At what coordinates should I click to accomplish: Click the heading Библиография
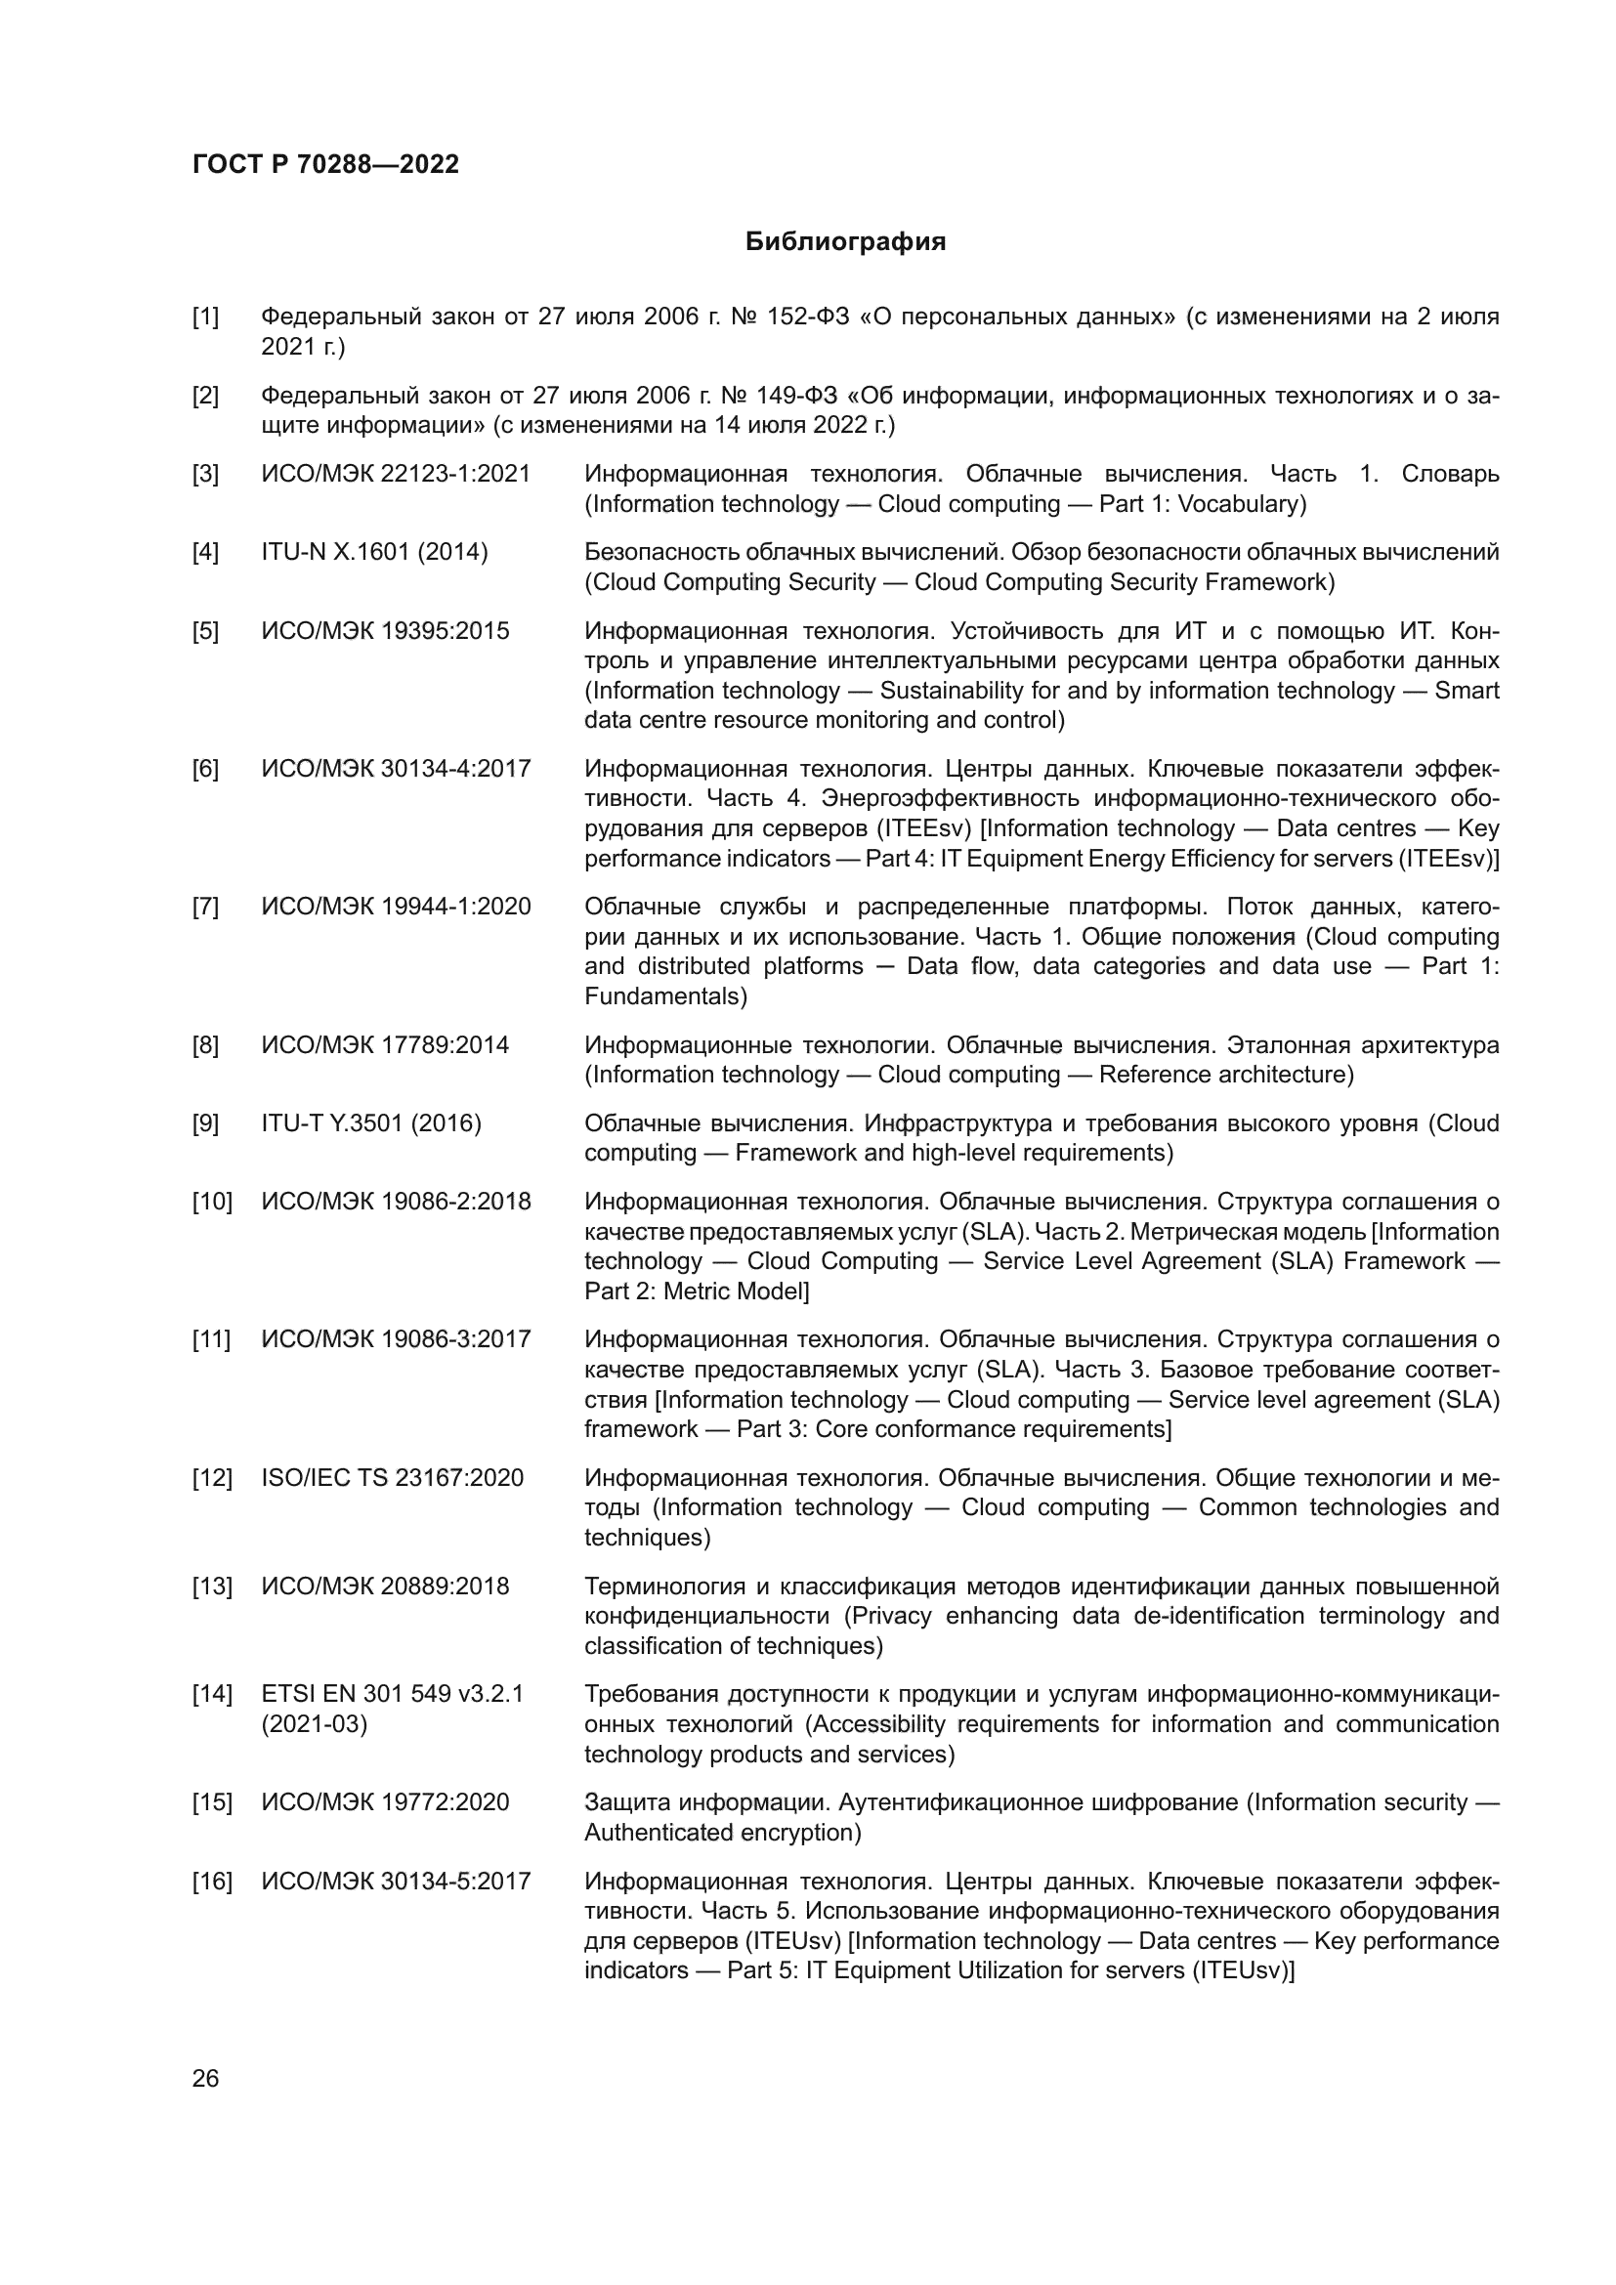pos(845,242)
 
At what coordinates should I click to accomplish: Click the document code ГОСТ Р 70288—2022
pos(325,165)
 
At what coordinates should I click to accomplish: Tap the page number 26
pos(205,2078)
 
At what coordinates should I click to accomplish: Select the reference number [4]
pos(205,552)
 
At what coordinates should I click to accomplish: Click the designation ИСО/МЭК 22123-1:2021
pos(396,474)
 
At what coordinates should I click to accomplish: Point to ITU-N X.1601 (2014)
pos(374,552)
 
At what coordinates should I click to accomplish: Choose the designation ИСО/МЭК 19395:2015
pos(385,631)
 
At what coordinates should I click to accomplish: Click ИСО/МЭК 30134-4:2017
pos(396,769)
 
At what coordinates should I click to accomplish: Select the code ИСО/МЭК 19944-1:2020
pos(396,907)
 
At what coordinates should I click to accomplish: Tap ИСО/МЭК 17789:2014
pos(385,1045)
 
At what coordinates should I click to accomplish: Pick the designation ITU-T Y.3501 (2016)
pos(371,1123)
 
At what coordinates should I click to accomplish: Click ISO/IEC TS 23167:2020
pos(392,1478)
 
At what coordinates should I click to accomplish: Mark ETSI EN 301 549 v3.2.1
pos(392,1694)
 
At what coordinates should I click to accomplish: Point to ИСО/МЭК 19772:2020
pos(385,1802)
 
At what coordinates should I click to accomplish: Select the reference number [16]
pos(211,1881)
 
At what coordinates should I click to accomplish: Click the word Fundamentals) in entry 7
pos(664,996)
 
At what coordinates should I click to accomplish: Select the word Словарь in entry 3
pos(1450,474)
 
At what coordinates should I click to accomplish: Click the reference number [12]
pos(211,1478)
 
